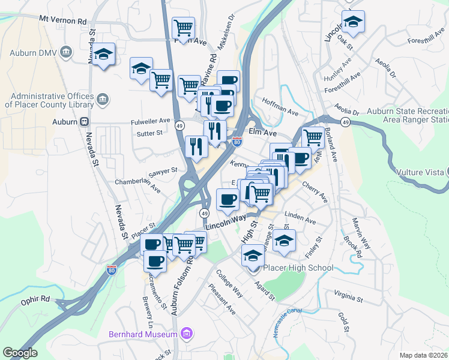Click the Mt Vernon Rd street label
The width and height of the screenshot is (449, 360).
(63, 20)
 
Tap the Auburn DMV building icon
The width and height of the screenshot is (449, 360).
(65, 52)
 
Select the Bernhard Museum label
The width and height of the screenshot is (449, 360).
(142, 333)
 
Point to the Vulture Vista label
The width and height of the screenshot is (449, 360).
(420, 172)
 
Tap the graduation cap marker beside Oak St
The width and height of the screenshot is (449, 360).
(354, 23)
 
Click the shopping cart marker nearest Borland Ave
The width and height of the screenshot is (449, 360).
(313, 138)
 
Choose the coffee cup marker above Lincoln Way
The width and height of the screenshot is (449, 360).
(227, 199)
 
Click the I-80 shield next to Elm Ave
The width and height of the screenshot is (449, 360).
(237, 142)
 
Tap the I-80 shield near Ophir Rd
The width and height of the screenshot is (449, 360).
(111, 271)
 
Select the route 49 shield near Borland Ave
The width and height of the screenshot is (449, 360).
(345, 122)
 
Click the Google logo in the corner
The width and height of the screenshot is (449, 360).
(20, 353)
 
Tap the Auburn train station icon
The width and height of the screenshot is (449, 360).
(85, 121)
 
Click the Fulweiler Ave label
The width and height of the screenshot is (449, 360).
(147, 121)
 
